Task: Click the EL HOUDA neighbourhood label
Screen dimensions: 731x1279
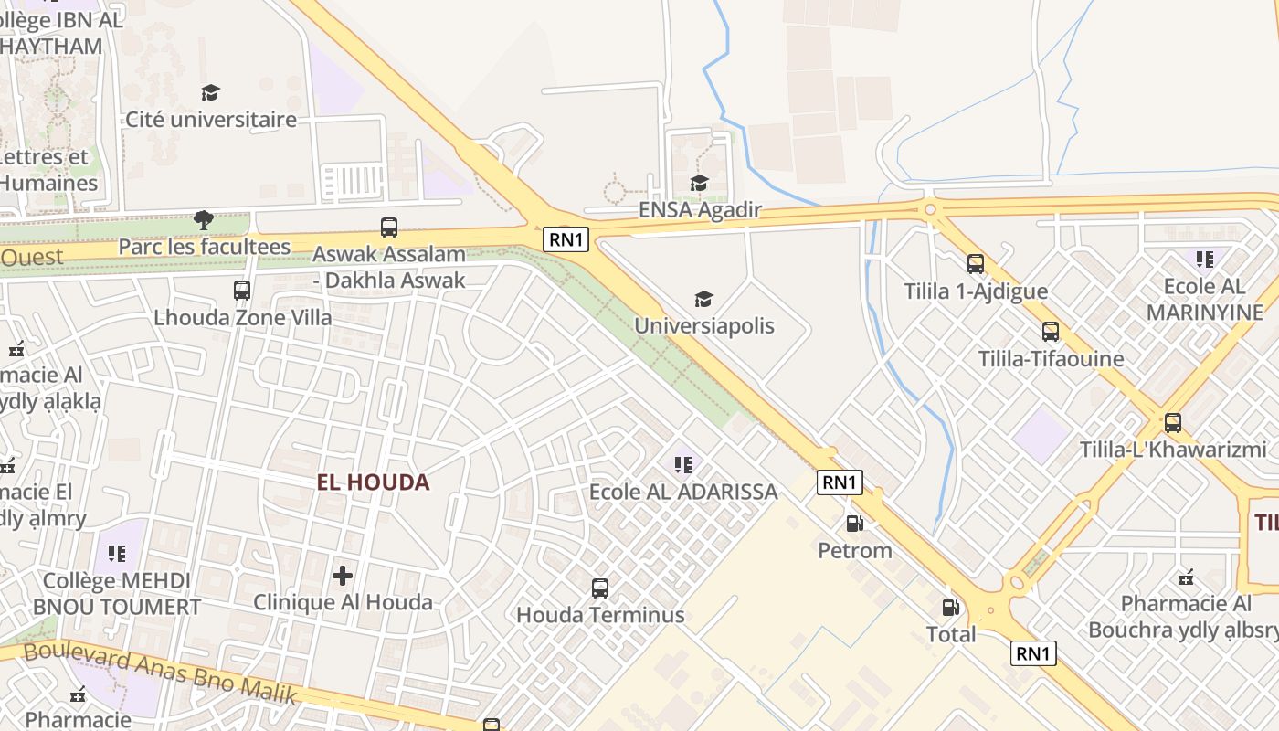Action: click(x=373, y=482)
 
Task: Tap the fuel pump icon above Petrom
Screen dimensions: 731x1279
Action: click(x=855, y=524)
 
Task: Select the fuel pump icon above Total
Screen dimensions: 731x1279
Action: click(x=951, y=608)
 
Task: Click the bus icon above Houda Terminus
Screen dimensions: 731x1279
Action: click(x=600, y=588)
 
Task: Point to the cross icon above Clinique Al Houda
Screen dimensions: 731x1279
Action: click(x=343, y=576)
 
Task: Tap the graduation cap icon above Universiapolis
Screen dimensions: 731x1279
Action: click(x=703, y=299)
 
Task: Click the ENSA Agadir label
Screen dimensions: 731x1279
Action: click(x=700, y=210)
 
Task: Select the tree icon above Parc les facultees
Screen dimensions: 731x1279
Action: click(x=204, y=219)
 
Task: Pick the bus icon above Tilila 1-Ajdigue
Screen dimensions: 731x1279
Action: click(x=976, y=264)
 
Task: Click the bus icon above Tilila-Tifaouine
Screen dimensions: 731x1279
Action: click(x=1051, y=332)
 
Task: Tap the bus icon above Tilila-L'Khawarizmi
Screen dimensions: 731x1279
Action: click(x=1173, y=423)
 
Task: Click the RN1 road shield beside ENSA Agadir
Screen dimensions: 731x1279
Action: click(x=566, y=239)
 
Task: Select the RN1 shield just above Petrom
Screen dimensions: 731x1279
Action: click(x=840, y=482)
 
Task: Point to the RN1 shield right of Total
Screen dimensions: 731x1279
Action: click(x=1033, y=652)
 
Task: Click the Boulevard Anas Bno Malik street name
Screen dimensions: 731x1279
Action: click(x=161, y=673)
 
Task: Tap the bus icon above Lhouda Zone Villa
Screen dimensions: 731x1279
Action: click(x=242, y=291)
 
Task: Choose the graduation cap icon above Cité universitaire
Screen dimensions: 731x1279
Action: click(x=211, y=92)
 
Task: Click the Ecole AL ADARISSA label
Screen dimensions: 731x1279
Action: click(x=683, y=492)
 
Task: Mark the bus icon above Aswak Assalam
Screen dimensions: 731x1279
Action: click(x=389, y=228)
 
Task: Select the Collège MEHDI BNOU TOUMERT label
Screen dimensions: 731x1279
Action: click(x=117, y=593)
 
